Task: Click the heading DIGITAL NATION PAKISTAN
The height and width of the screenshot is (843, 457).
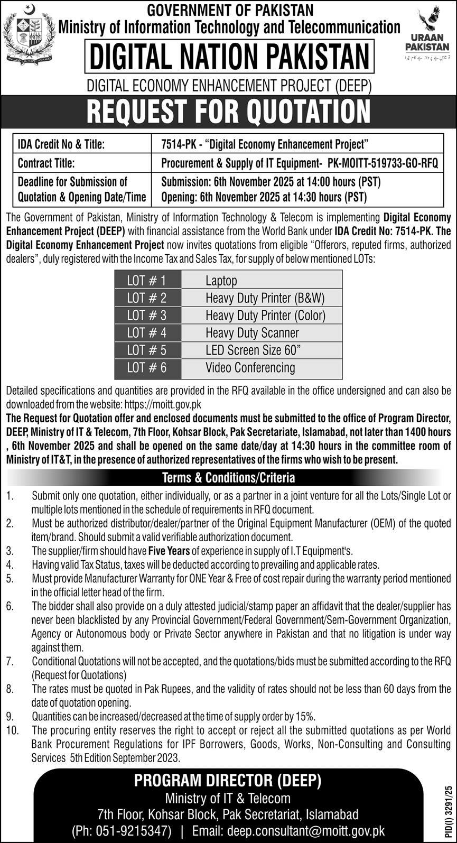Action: coord(229,57)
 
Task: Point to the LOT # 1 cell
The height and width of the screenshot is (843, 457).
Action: coord(146,280)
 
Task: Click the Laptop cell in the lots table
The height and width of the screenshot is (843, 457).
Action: coord(221,280)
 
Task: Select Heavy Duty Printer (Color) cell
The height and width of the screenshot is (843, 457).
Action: coord(265,315)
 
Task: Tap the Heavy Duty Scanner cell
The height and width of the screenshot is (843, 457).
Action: coord(252,332)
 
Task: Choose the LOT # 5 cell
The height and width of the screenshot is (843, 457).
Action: coord(146,350)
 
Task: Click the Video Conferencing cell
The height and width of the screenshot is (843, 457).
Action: coord(250,367)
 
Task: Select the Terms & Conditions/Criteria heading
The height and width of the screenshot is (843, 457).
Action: coord(228,478)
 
